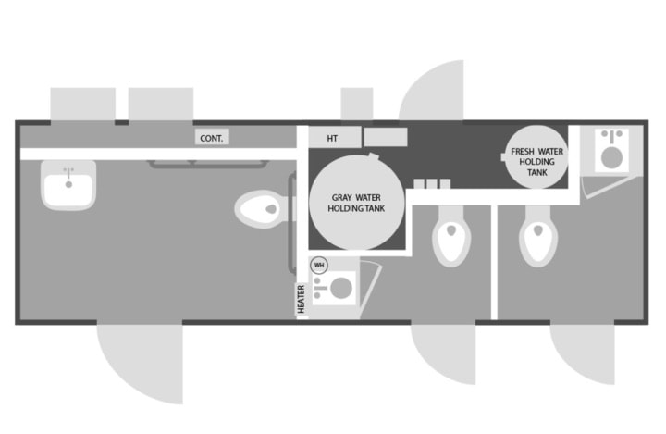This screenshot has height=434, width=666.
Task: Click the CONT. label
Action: pyautogui.click(x=213, y=138)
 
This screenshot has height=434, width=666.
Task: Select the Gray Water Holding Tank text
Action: pyautogui.click(x=356, y=203)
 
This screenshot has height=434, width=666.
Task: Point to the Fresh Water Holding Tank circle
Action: pyautogui.click(x=537, y=155)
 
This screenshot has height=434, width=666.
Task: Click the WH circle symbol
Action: pyautogui.click(x=319, y=265)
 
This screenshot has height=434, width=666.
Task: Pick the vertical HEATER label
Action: pyautogui.click(x=301, y=298)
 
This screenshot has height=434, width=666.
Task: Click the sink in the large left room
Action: pyautogui.click(x=68, y=185)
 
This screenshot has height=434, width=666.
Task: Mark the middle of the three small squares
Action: pyautogui.click(x=431, y=184)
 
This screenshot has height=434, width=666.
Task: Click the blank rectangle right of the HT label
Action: pyautogui.click(x=386, y=138)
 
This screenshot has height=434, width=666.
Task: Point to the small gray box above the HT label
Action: pyautogui.click(x=356, y=104)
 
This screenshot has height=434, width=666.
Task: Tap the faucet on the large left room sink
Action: pyautogui.click(x=68, y=173)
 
